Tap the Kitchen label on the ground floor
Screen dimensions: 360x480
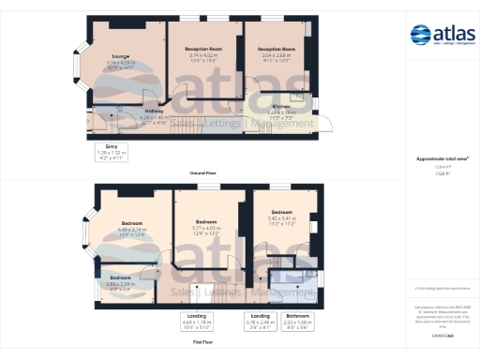280,107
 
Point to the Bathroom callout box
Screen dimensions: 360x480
297,321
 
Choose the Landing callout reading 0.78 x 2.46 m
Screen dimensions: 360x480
258,321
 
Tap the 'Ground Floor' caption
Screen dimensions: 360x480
203,172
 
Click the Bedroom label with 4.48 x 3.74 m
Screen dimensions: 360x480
130,224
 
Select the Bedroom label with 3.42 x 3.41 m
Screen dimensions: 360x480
282,213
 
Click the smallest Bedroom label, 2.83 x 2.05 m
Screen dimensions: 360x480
120,278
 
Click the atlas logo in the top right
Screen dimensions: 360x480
443,37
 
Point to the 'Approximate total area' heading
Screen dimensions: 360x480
442,160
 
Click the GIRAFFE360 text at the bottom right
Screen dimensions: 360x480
442,335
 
